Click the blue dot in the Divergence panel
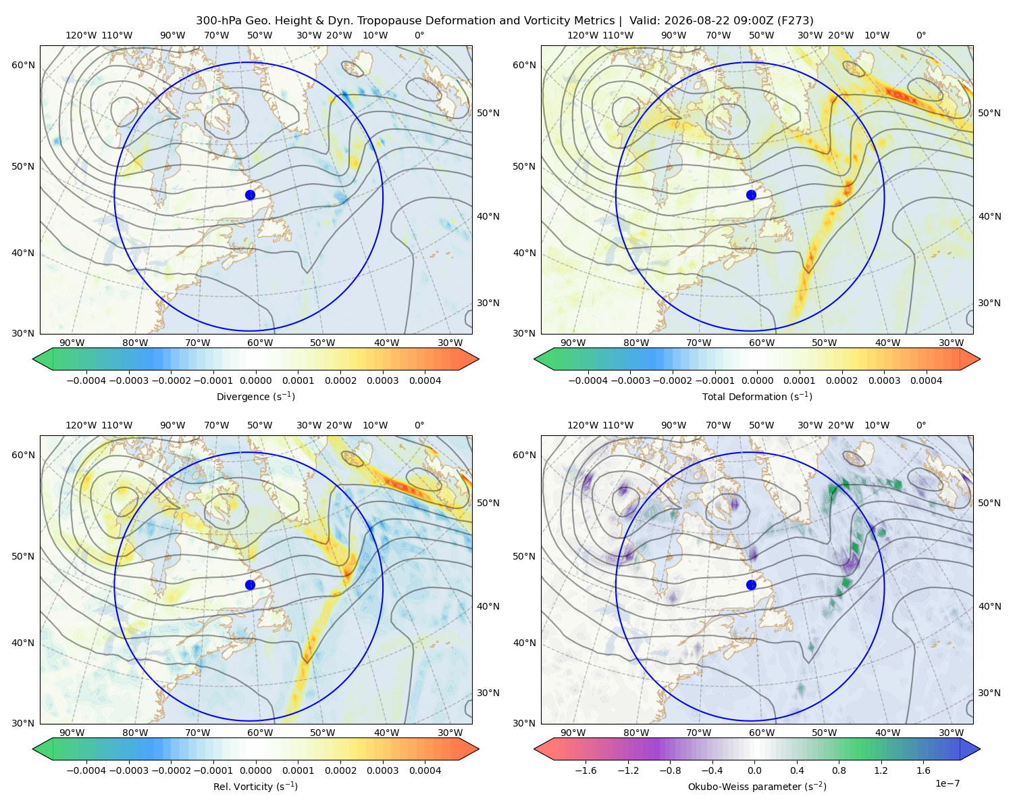[250, 195]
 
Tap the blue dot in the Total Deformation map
[751, 195]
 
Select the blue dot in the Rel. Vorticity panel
[250, 585]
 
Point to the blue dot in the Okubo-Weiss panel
[751, 585]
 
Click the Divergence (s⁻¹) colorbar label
[255, 396]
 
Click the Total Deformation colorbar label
[757, 396]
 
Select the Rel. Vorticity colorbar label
[255, 786]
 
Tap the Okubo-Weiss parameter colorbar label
[757, 786]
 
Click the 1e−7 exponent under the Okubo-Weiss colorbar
[947, 783]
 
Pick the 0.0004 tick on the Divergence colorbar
[425, 380]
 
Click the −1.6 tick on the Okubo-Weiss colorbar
[586, 770]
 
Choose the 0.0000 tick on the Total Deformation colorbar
[757, 380]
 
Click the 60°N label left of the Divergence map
[23, 65]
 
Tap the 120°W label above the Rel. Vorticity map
[81, 425]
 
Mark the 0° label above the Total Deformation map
[920, 35]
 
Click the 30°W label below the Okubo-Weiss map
[952, 733]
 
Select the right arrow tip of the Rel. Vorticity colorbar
[478, 749]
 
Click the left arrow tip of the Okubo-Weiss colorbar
[534, 749]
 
